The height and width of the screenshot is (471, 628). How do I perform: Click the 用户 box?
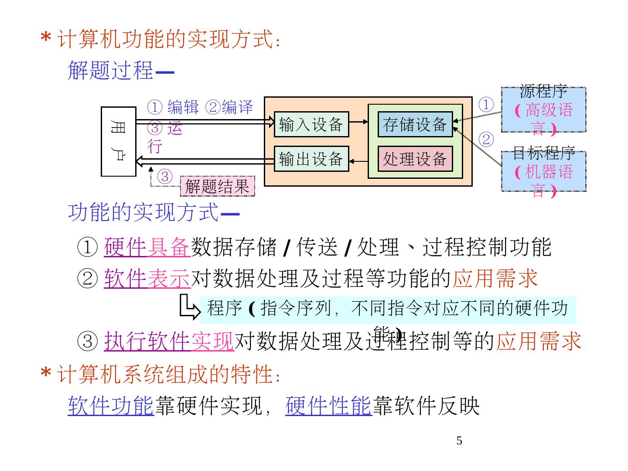118,141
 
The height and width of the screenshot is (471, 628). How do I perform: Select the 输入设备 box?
311,124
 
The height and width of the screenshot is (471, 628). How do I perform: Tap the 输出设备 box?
311,159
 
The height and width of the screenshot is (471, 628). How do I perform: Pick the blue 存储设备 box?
415,124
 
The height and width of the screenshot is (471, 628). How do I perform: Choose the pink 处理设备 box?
415,159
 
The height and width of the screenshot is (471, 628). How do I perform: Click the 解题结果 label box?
217,187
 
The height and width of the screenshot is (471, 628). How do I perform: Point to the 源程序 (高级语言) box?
543,109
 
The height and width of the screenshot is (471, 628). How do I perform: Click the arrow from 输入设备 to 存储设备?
358,122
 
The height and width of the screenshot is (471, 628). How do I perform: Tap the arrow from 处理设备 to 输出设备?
358,161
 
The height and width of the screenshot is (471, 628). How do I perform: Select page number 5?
459,441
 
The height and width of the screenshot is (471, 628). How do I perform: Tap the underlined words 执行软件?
147,341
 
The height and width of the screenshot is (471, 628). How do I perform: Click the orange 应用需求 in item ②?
495,278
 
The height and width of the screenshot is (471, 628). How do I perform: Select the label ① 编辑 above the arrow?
173,107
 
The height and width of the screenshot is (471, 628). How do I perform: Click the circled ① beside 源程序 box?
486,105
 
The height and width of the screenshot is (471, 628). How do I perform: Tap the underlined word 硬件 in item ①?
125,247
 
